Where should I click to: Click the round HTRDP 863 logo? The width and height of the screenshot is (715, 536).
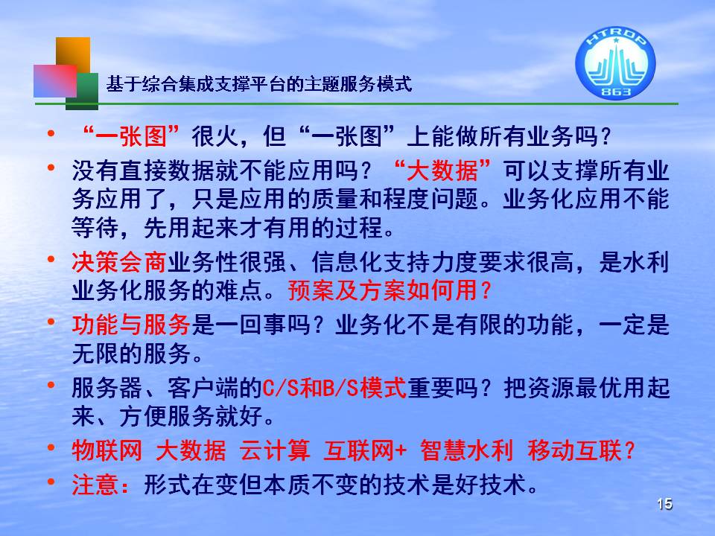615,62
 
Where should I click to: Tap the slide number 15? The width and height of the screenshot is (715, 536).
665,504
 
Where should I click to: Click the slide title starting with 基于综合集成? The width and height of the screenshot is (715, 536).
259,84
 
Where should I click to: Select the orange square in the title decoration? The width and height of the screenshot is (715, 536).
73,54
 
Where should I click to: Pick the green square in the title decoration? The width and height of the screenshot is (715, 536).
82,91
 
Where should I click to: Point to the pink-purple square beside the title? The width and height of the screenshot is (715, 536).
54,80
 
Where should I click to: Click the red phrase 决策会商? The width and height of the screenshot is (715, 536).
119,262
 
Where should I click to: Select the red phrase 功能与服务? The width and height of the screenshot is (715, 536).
131,325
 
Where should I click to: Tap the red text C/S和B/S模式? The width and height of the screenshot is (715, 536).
334,388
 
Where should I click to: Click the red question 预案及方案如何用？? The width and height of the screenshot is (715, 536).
390,290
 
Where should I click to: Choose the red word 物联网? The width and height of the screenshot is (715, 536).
107,450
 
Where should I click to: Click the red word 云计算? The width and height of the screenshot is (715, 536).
275,450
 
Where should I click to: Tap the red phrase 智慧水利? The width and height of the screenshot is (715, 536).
466,450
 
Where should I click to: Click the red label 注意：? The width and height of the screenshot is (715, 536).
101,485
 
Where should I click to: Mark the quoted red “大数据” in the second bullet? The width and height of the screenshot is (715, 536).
442,170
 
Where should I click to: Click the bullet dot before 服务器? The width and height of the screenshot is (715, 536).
51,385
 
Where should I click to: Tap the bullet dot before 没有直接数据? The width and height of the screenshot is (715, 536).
51,167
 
